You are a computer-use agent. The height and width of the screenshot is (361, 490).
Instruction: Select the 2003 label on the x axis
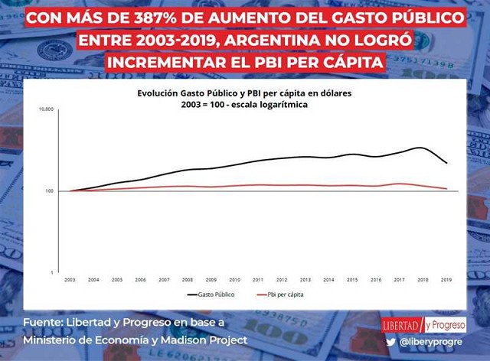[69, 281]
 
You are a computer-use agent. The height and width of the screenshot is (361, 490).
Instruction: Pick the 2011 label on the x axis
[258, 281]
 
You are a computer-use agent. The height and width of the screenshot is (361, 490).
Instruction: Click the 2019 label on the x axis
[446, 281]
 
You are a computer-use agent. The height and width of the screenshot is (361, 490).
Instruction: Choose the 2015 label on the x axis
[352, 281]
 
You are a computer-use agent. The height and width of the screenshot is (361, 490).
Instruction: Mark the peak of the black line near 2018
[420, 148]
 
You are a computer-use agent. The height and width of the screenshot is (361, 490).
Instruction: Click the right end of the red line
[446, 188]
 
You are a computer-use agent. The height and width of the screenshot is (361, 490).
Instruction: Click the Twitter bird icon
[390, 342]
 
